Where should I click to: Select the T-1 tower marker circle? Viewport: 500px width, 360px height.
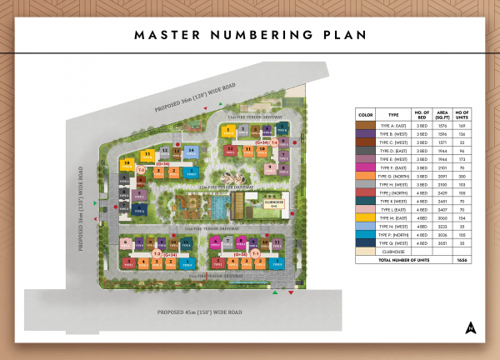click(257, 252)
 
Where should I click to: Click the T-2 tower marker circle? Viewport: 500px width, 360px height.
click(156, 253)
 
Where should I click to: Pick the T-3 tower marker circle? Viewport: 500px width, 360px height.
click(141, 171)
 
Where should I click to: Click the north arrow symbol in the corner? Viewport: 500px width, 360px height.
click(472, 326)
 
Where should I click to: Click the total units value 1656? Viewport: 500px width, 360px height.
click(462, 261)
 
